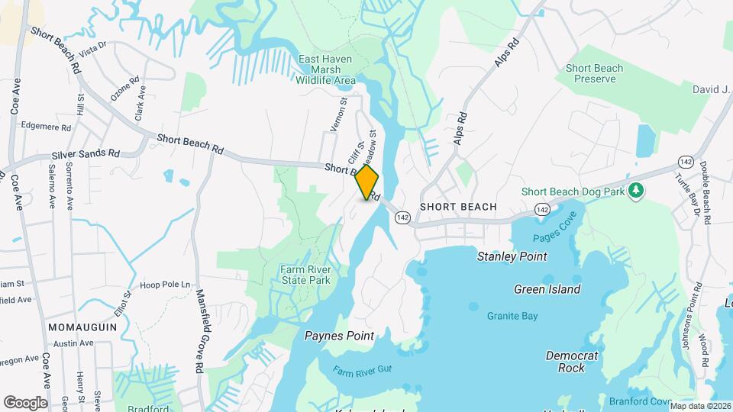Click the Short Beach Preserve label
(x=595, y=73)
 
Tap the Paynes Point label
(x=339, y=336)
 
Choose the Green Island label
(x=547, y=289)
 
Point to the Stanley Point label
(x=512, y=256)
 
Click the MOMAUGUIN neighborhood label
(x=82, y=326)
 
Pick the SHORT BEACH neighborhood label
(x=458, y=207)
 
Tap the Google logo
(x=25, y=402)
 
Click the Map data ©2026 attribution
(x=698, y=406)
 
